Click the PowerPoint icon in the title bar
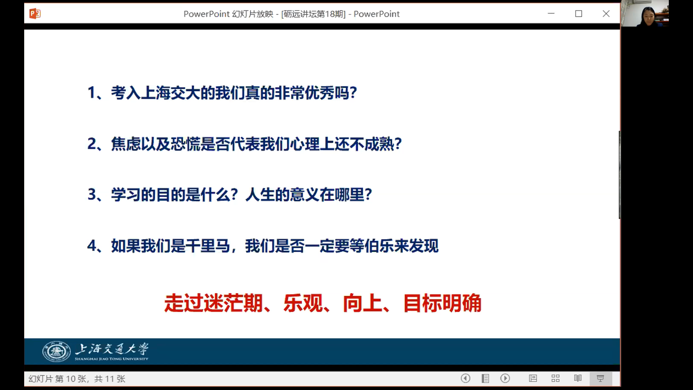35,14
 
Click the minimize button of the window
551,14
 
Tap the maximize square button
579,14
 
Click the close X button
606,14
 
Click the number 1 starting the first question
91,92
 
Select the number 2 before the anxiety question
92,144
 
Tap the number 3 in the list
92,195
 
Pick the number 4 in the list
92,246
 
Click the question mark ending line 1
353,92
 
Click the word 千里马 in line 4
208,246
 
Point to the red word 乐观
303,303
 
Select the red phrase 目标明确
442,303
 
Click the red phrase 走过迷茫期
213,303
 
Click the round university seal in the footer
57,351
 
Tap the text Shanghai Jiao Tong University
112,359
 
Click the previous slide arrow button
466,378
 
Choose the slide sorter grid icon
555,378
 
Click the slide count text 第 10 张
71,379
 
